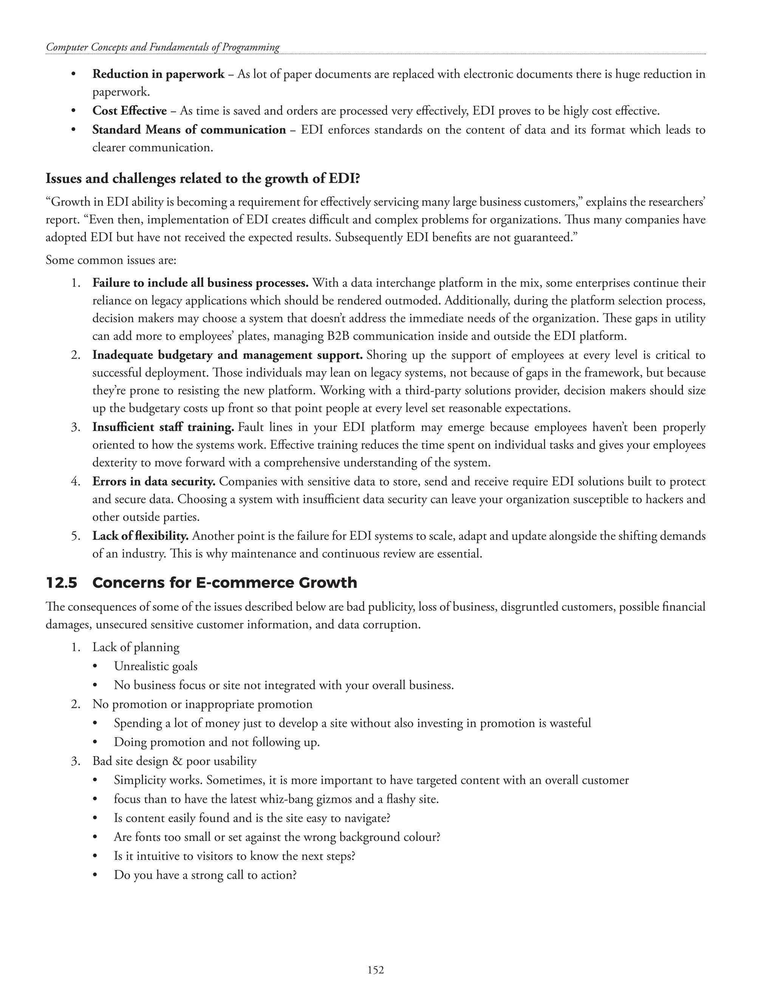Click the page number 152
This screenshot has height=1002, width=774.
[x=376, y=969]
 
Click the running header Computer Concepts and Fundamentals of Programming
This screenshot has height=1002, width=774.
[x=163, y=47]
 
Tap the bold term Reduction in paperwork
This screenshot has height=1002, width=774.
[x=158, y=74]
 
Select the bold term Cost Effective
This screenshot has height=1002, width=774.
[x=129, y=111]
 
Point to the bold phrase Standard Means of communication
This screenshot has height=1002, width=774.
[x=189, y=130]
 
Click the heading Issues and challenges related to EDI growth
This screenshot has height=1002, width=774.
[x=203, y=178]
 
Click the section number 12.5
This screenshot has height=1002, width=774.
[x=62, y=583]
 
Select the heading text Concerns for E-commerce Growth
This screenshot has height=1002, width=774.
[x=225, y=583]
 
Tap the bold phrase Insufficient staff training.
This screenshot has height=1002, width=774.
[x=163, y=427]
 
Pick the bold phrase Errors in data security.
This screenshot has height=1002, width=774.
[x=153, y=482]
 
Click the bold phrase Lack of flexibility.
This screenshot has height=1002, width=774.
[x=140, y=536]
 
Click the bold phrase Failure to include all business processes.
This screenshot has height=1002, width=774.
[x=200, y=283]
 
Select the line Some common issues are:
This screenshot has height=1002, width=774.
[x=111, y=261]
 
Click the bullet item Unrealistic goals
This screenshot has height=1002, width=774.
[x=155, y=666]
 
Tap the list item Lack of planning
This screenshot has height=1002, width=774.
[x=136, y=647]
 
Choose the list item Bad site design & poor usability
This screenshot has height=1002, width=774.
[x=174, y=761]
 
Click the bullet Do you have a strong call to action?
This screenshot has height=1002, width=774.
[x=205, y=875]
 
